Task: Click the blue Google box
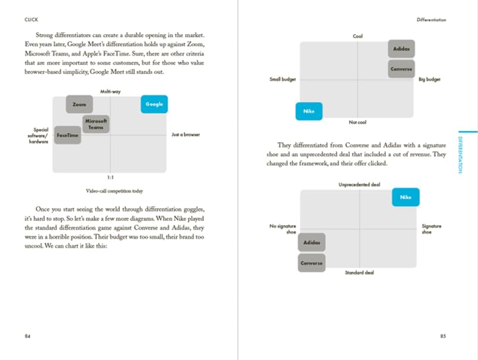tap(154, 104)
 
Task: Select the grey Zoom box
tap(79, 104)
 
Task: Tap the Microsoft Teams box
tap(96, 124)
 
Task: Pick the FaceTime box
tap(68, 135)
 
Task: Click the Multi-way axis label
tap(111, 91)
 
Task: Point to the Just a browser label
tap(185, 135)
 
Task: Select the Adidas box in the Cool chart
tap(400, 49)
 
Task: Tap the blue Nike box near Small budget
tap(309, 111)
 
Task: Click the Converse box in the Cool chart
tap(400, 68)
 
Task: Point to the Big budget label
tap(429, 80)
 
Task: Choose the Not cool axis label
tap(358, 122)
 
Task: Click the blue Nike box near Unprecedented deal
tap(406, 197)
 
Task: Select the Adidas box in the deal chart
tap(311, 242)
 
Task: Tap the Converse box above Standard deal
tap(311, 263)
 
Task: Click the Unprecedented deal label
tap(359, 185)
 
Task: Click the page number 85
tap(442, 336)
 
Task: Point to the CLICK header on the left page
tap(31, 20)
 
